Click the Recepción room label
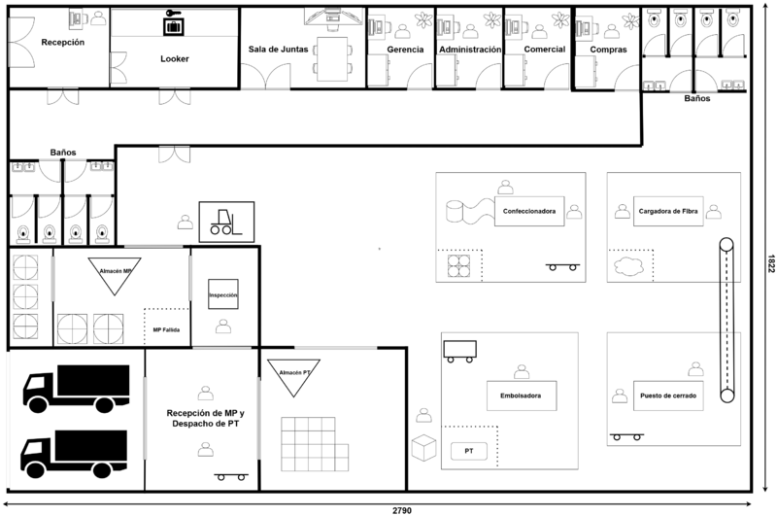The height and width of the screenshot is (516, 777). [62, 43]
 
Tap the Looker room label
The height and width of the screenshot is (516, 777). [175, 58]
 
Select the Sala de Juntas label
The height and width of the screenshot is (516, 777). [279, 49]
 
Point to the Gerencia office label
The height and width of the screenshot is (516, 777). [404, 49]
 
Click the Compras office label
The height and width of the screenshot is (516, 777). [608, 49]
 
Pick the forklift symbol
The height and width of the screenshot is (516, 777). [226, 222]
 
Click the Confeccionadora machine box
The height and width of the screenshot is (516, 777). [529, 211]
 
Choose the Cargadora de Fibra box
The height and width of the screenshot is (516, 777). [668, 211]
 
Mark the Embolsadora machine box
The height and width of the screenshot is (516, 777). [522, 396]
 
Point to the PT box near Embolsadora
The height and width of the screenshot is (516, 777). [469, 452]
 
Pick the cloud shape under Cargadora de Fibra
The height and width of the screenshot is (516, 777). [626, 264]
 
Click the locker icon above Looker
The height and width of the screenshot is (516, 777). [174, 23]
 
